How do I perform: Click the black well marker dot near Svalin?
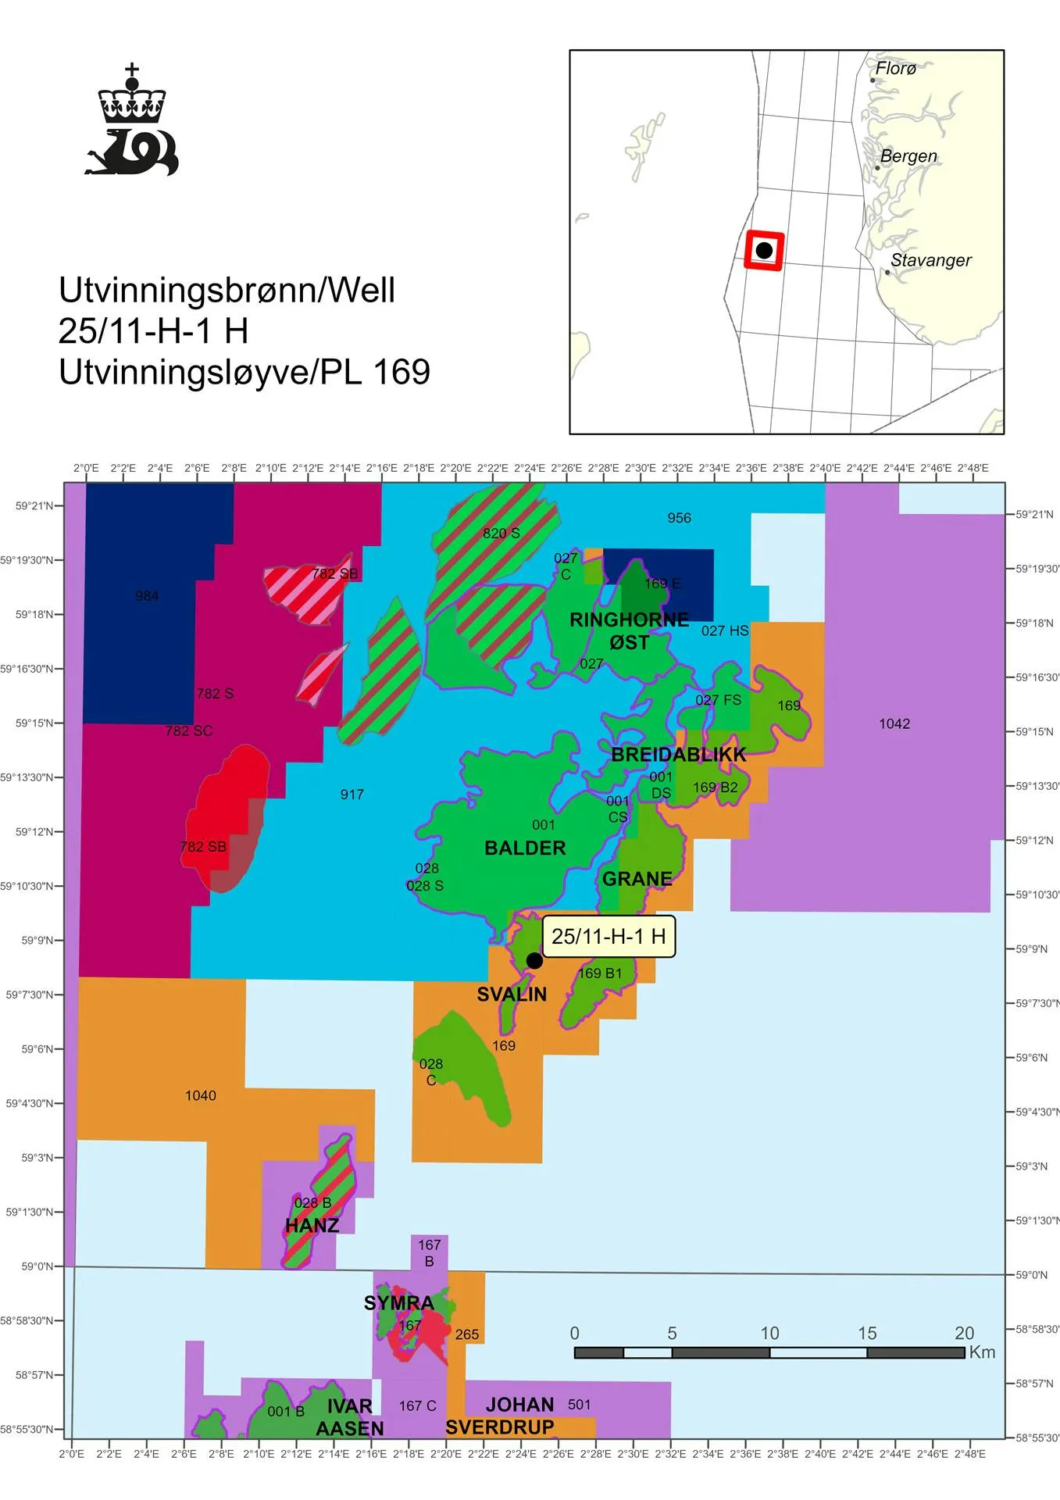[534, 960]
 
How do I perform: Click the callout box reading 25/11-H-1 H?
[609, 936]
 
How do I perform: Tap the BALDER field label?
[525, 848]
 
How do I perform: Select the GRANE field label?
[637, 879]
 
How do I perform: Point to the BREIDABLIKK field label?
[678, 755]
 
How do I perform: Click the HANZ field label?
[312, 1225]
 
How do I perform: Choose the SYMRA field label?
[398, 1302]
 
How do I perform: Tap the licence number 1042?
[894, 723]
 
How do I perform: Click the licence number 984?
[147, 596]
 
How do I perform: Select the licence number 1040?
[201, 1095]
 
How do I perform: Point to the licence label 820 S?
[501, 534]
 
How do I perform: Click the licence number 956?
[679, 518]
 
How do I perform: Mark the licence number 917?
[352, 795]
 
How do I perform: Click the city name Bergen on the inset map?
[908, 156]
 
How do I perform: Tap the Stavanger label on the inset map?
[930, 260]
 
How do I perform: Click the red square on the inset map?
[763, 251]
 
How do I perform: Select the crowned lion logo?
[132, 121]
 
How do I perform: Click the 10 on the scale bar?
[769, 1333]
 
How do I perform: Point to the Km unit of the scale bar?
[982, 1352]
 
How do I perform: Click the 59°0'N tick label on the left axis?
[37, 1266]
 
